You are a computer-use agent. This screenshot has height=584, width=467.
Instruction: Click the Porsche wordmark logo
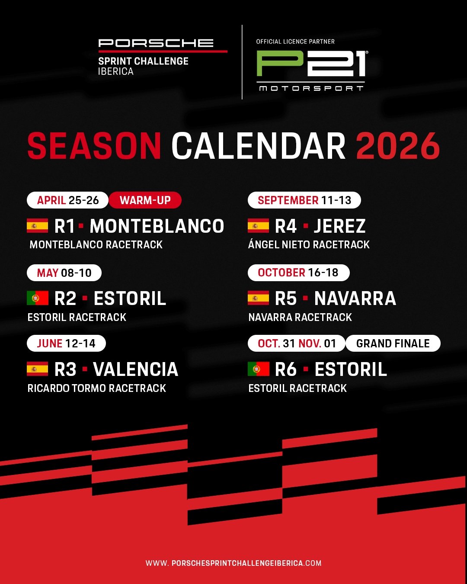coord(156,43)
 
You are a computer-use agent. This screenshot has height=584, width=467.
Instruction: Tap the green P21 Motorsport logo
coord(312,71)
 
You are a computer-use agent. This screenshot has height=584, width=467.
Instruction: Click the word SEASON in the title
coord(94,146)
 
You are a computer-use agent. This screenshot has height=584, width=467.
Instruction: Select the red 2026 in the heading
coord(397,146)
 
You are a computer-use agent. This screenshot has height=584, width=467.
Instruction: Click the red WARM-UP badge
coord(145,200)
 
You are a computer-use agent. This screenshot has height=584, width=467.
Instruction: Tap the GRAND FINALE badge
coord(393,343)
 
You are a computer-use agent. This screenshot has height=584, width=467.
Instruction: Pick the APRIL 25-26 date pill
coord(67,200)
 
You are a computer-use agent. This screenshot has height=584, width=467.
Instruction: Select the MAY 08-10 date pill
coord(64,273)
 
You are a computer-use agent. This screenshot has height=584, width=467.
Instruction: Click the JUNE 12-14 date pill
coord(66,343)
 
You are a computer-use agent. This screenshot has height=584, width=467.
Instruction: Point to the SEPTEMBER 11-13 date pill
coord(304,200)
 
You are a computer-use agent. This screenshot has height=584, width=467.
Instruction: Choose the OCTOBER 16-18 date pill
coord(298,273)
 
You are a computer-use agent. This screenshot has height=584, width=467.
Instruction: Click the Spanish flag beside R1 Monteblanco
coord(38,225)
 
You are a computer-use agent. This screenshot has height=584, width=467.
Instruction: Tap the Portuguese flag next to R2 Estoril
coord(38,298)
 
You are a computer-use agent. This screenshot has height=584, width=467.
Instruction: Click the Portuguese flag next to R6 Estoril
coord(258,369)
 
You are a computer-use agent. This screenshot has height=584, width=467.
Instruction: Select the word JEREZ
coord(339,226)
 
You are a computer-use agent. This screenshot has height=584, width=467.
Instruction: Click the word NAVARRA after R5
coord(355,298)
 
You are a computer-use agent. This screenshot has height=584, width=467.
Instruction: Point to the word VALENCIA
coord(136,369)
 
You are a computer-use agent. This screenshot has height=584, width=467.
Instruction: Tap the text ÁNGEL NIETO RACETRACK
coord(309,244)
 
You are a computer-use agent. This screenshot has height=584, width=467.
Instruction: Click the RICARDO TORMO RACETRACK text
coord(96,388)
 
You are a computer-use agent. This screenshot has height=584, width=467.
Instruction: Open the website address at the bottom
coord(233,563)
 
